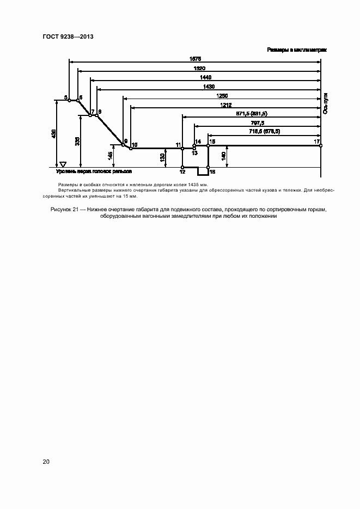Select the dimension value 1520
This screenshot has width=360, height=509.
(x=199, y=68)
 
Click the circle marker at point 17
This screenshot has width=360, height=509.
(x=320, y=145)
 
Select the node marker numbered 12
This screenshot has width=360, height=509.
(x=182, y=167)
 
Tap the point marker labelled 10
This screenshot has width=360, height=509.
(x=131, y=148)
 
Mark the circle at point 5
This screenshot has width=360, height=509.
(x=69, y=100)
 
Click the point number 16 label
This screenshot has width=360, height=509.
(x=212, y=171)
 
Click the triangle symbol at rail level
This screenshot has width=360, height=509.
(x=63, y=164)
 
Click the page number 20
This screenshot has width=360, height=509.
(x=46, y=462)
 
